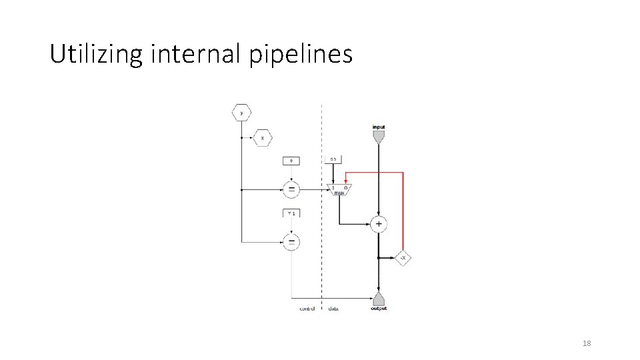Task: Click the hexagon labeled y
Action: (241, 113)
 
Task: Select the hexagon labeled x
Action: (262, 138)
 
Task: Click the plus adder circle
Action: (379, 224)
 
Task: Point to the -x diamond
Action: (403, 257)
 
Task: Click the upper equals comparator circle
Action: (291, 190)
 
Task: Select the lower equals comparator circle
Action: (291, 241)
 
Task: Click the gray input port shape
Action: (379, 137)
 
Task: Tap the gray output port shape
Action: (379, 298)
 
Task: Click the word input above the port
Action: (379, 127)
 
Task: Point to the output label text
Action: (379, 309)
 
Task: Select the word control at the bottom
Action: (307, 309)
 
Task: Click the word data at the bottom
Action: (333, 309)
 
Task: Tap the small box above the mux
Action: (333, 159)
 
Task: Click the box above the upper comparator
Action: (291, 161)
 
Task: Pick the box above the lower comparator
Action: (291, 213)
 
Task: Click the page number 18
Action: (587, 343)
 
